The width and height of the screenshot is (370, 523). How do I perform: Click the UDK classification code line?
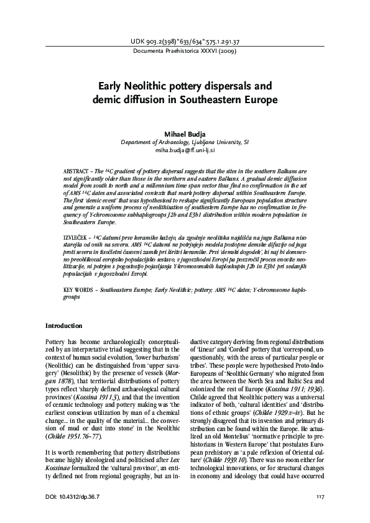(x=185, y=41)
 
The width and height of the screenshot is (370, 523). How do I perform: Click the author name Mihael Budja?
(x=185, y=133)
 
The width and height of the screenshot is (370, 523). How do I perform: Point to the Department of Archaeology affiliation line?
(x=185, y=142)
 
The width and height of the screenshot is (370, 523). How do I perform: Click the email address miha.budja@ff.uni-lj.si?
(x=185, y=150)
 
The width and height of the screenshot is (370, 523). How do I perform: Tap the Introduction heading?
(x=64, y=325)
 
